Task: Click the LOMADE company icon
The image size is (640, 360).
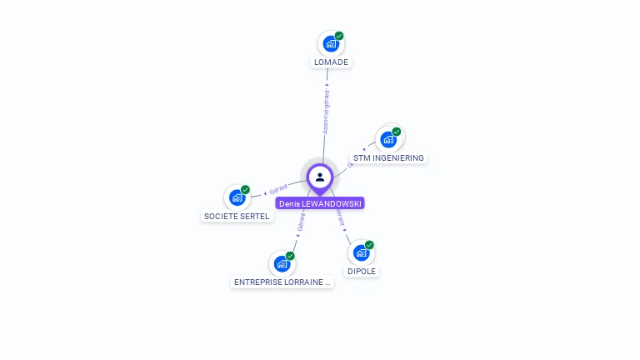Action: click(x=331, y=43)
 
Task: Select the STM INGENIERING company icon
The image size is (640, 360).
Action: click(x=388, y=139)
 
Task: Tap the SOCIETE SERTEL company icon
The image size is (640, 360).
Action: click(x=237, y=197)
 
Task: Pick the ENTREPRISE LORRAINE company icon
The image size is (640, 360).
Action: click(x=282, y=263)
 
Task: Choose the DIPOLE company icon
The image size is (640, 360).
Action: click(x=361, y=252)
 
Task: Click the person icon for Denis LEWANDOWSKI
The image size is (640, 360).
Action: click(x=320, y=177)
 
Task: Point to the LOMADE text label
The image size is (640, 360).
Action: click(x=331, y=62)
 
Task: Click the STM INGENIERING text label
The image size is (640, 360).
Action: click(x=388, y=158)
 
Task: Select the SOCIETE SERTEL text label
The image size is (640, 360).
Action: click(x=237, y=217)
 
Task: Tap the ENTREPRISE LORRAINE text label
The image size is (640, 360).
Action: click(x=282, y=282)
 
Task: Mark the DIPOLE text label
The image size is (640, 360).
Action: click(x=362, y=272)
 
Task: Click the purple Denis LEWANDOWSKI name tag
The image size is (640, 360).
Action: click(x=320, y=203)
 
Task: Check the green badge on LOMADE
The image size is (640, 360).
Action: click(x=339, y=36)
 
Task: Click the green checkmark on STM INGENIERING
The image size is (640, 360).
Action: click(x=397, y=132)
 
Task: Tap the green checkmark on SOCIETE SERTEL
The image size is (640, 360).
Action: click(x=245, y=190)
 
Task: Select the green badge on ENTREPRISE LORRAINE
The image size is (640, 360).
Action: click(x=290, y=256)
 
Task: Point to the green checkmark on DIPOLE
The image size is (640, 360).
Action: click(x=369, y=245)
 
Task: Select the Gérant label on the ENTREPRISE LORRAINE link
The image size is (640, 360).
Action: click(x=301, y=222)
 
